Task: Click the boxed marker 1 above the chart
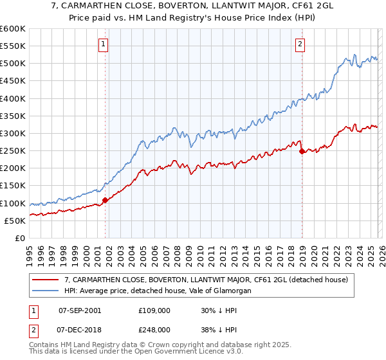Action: pos(104,44)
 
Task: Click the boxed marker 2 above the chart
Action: pos(300,44)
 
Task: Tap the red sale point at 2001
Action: pos(105,200)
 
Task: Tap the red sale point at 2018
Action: pos(301,152)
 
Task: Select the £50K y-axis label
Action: pos(15,221)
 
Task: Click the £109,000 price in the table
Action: pos(154,310)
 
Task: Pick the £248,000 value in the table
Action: pos(154,329)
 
